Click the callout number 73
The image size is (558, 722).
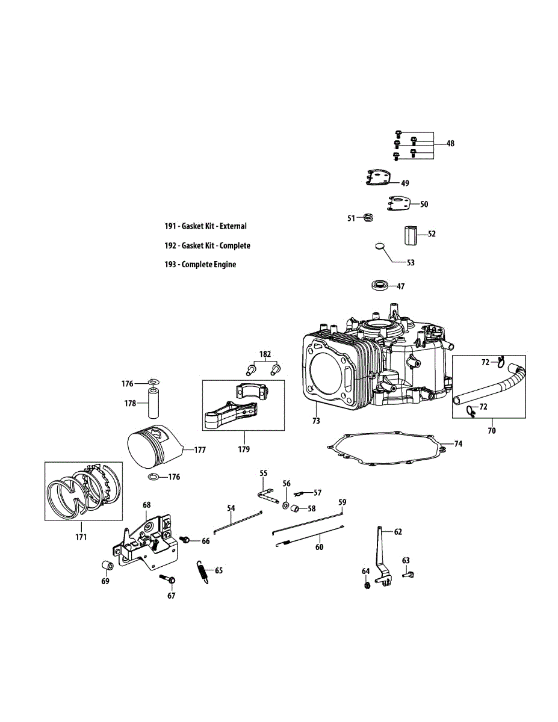[x=316, y=421]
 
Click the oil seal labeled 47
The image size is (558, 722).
[x=380, y=286]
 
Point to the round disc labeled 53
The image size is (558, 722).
[x=379, y=245]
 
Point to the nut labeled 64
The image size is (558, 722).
[x=367, y=584]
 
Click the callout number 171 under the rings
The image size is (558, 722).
[x=81, y=537]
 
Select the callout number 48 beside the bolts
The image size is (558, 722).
[x=450, y=143]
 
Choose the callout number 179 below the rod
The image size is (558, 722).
[x=243, y=449]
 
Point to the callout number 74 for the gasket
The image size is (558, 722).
[x=458, y=444]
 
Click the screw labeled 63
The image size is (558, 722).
[x=407, y=575]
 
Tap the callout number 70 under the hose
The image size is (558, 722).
[x=492, y=431]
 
